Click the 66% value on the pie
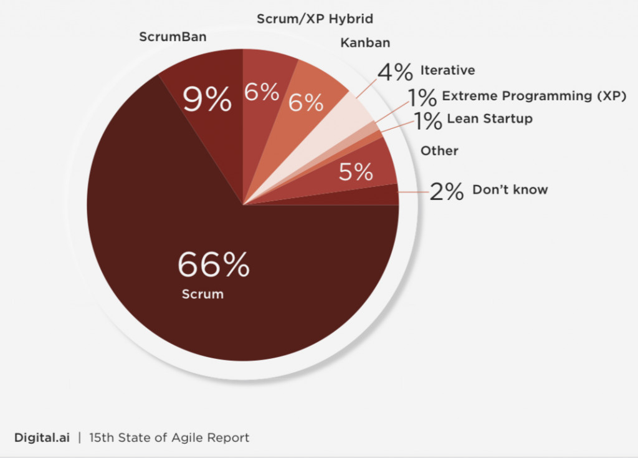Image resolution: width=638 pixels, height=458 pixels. click(213, 265)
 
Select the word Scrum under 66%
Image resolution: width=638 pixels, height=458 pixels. click(202, 293)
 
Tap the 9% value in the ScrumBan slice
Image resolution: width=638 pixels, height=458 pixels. click(207, 100)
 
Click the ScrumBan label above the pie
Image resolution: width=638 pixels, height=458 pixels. click(173, 37)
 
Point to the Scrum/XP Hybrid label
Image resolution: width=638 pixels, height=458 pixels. click(315, 19)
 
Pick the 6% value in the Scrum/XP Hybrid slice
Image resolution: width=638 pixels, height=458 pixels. click(262, 92)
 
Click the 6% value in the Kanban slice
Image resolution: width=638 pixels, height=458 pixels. click(306, 102)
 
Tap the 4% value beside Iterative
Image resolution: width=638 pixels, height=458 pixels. click(395, 72)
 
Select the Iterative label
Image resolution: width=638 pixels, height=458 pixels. click(447, 70)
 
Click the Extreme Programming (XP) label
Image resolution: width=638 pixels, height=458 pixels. click(534, 96)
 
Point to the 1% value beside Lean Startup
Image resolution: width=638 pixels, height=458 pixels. click(428, 120)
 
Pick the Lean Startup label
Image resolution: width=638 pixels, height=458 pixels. click(490, 118)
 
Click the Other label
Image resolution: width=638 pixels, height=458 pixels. click(439, 151)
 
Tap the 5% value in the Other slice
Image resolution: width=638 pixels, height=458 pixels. click(356, 171)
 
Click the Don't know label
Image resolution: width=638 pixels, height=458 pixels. click(510, 189)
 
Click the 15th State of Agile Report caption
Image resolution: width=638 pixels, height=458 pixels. click(169, 437)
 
